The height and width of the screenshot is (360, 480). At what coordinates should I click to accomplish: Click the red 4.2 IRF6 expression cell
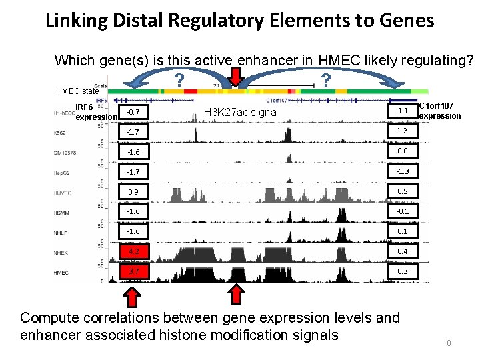point(134,251)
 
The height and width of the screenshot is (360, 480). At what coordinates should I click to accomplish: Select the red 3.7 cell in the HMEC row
point(134,271)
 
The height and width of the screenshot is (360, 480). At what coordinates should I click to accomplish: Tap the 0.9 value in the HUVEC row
point(134,191)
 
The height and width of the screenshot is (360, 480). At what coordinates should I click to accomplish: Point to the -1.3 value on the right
point(402,171)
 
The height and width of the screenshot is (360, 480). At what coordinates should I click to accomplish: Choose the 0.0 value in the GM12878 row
point(402,151)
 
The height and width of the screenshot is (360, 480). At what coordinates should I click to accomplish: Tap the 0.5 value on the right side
point(402,191)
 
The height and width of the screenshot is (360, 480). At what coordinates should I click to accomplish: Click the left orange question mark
point(179,81)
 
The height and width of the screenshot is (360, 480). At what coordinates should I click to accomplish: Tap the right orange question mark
point(325,80)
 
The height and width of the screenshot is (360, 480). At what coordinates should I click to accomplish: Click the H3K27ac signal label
point(241,112)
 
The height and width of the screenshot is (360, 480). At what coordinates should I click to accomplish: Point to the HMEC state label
point(77,91)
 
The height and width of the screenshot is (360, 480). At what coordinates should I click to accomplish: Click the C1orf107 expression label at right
point(439,111)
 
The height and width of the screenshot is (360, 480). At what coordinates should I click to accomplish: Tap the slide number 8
point(449,343)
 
